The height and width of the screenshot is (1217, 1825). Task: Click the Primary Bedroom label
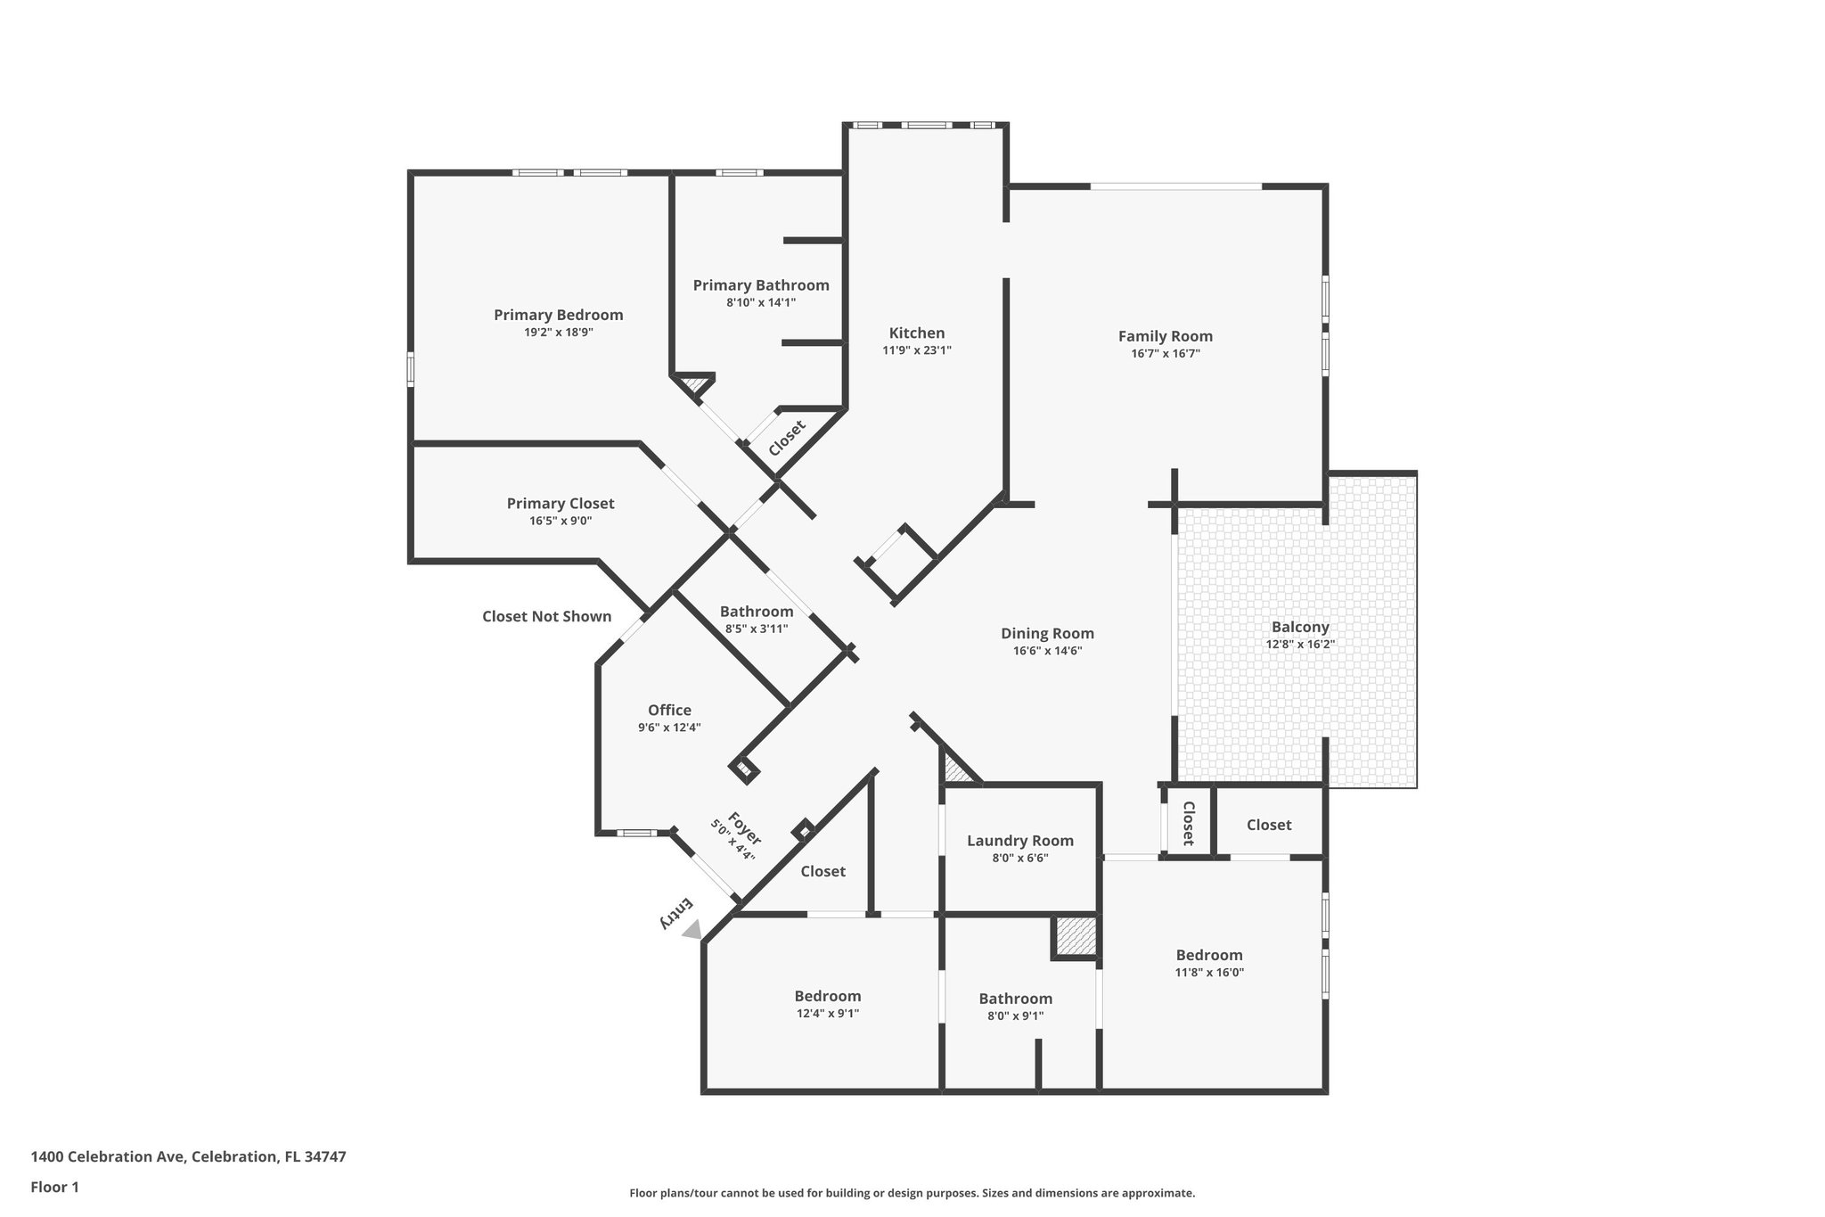tap(558, 315)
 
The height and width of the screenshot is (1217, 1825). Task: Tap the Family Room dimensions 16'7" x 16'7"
tap(1166, 354)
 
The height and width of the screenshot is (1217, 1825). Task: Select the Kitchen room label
tap(917, 333)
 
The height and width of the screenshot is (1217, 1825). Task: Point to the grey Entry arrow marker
tap(692, 930)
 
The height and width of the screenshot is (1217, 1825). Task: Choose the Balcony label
tap(1300, 627)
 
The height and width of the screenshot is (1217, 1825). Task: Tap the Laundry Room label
tap(1019, 841)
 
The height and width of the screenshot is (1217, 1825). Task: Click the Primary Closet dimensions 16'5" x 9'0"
tap(561, 521)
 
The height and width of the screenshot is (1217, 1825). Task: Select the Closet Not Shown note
tap(546, 616)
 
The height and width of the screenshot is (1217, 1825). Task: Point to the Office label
tap(669, 710)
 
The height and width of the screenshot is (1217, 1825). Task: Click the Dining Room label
tap(1047, 633)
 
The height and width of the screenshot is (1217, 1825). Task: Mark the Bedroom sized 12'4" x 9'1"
tap(828, 996)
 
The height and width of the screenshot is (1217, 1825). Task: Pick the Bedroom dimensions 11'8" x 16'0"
tap(1209, 973)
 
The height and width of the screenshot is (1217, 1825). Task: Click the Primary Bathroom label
tap(761, 285)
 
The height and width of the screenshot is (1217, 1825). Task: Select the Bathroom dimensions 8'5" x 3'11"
tap(757, 629)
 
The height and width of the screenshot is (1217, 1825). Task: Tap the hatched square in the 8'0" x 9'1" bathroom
tap(1074, 936)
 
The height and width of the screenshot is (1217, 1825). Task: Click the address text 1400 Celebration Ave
tap(108, 1156)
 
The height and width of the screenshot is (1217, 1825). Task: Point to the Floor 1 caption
tap(55, 1187)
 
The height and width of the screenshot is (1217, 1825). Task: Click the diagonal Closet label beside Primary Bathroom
tap(786, 438)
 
